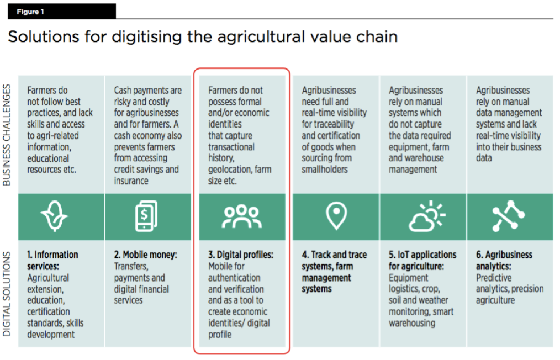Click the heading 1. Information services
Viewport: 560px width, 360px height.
53,260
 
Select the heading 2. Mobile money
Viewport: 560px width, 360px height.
145,255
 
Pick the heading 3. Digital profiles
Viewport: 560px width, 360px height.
240,255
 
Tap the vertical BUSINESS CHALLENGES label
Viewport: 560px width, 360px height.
8,135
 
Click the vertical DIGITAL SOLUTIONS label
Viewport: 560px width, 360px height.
8,294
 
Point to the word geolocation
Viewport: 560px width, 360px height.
228,169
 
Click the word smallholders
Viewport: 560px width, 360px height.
325,169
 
